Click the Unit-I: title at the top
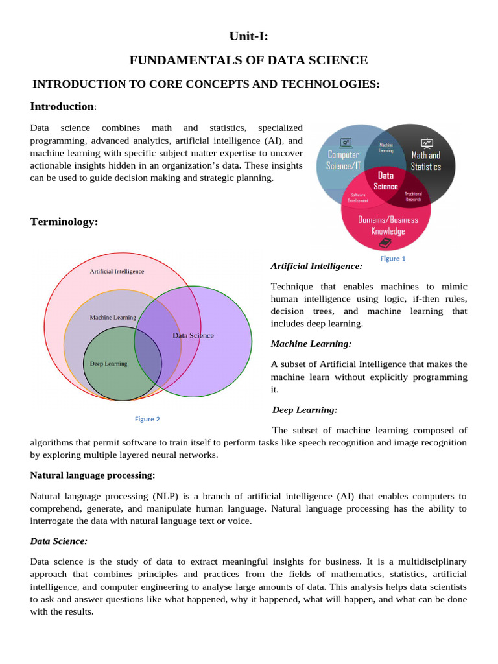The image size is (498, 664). [248, 37]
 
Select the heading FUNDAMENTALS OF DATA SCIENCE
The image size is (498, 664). [248, 60]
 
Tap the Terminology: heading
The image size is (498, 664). [64, 222]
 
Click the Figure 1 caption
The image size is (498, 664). [392, 258]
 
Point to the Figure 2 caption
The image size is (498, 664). [147, 419]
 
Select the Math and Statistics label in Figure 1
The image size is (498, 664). [426, 161]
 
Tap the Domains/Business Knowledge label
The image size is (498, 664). [388, 225]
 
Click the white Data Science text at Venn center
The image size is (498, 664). [386, 181]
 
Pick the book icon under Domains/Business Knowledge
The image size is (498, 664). [385, 243]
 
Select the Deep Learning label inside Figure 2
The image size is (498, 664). [108, 364]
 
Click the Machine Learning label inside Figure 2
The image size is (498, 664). [113, 318]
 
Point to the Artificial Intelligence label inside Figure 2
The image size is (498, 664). [117, 271]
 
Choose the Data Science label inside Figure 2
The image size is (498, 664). [193, 335]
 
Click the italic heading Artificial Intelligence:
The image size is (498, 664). [316, 267]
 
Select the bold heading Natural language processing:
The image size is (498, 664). [93, 476]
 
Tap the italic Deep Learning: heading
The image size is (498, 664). [305, 410]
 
